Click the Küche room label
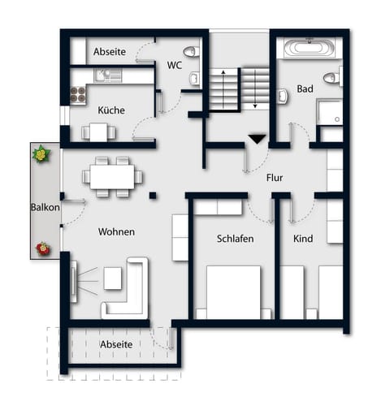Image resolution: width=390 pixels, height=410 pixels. tap(111, 110)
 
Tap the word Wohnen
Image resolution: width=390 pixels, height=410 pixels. tap(116, 231)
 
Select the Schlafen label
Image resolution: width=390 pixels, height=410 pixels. tap(236, 239)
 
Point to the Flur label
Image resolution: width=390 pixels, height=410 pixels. tap(274, 176)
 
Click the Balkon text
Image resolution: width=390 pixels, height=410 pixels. tap(45, 207)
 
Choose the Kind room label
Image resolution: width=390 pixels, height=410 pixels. tap(303, 239)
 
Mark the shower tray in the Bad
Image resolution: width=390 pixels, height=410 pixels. tap(330, 113)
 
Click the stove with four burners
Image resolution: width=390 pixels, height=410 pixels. tap(80, 94)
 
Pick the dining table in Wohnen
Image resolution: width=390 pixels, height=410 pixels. tap(113, 175)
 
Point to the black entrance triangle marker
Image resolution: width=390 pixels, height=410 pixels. tap(257, 140)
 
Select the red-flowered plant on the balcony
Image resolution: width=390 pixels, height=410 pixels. tap(41, 248)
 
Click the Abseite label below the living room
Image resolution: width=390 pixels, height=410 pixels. tap(116, 344)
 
